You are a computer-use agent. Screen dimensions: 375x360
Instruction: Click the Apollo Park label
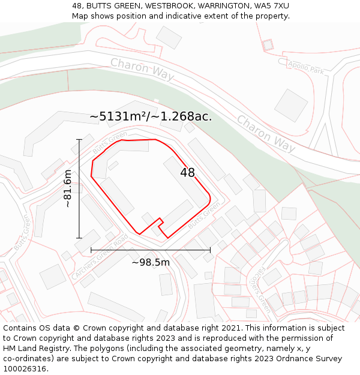click(x=305, y=67)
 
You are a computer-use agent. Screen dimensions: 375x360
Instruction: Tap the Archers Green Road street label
click(x=100, y=257)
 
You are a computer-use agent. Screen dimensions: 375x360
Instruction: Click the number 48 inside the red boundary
click(x=188, y=173)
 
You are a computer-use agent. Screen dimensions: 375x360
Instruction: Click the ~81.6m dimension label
click(x=68, y=188)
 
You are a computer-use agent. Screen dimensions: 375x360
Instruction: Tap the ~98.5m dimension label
click(x=151, y=262)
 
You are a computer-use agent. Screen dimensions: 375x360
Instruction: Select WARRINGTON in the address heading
click(x=221, y=5)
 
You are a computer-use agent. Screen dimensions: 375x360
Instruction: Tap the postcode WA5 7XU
click(x=271, y=5)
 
